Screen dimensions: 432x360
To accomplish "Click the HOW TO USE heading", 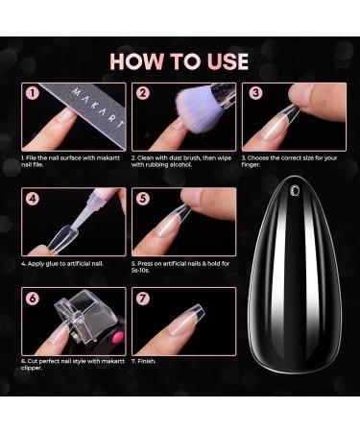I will (x=179, y=61).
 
